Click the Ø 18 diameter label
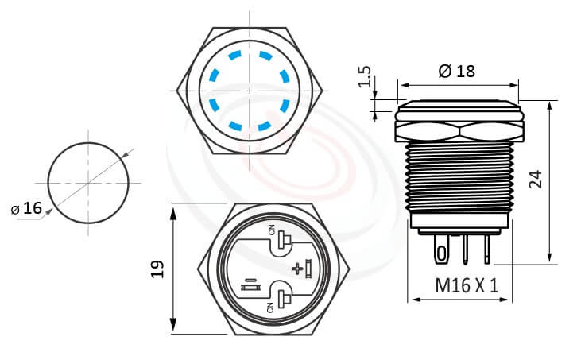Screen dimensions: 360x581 456,71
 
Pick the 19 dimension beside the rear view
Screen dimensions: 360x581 157,269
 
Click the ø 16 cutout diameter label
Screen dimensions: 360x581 27,208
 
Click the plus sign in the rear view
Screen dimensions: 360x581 298,269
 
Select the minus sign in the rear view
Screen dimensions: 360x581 250,279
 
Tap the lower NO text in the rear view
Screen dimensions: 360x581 272,307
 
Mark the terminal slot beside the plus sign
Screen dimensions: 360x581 308,268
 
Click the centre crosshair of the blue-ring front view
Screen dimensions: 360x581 249,91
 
